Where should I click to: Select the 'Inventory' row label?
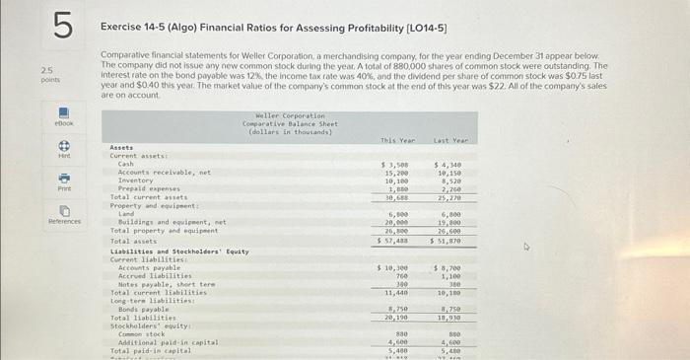coord(135,180)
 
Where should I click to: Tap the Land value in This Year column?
coord(398,214)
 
